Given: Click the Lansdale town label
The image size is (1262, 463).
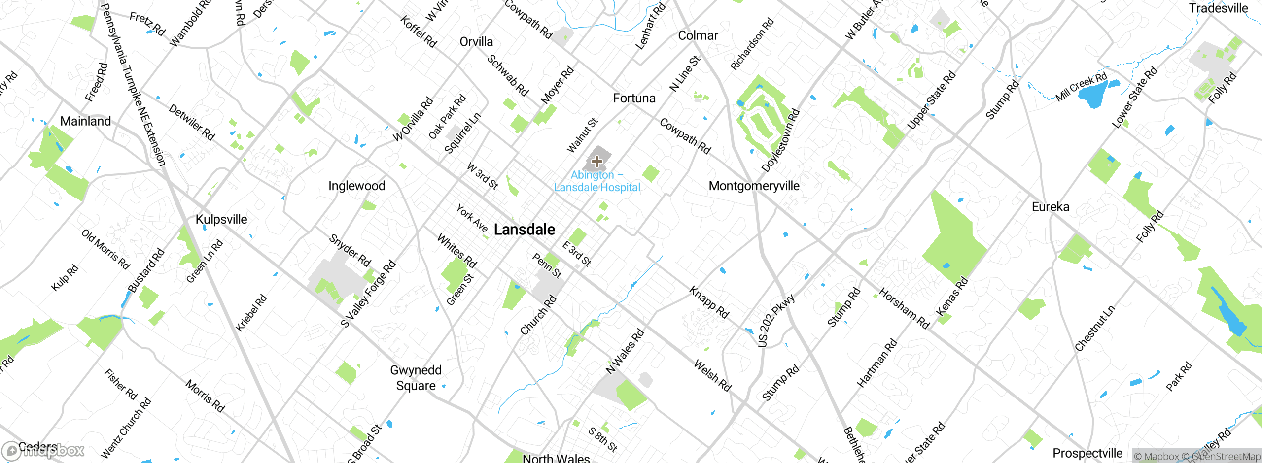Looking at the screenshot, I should [x=524, y=230].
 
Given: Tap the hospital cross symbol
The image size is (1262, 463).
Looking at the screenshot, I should [x=596, y=162].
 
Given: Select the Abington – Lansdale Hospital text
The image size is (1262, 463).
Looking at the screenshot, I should [x=597, y=181].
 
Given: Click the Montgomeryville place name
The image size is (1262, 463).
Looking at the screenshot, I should [x=754, y=186].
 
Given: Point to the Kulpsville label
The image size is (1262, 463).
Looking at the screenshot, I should [x=221, y=220].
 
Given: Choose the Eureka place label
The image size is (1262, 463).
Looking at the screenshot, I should [x=1051, y=207].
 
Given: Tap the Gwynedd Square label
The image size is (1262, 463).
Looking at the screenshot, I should [x=416, y=378].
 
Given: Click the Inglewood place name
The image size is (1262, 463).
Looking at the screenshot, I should [x=356, y=186].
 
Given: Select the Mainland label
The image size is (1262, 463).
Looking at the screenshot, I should [x=85, y=121].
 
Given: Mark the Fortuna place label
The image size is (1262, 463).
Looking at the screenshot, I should [x=634, y=99].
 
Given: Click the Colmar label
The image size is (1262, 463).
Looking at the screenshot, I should [x=698, y=36].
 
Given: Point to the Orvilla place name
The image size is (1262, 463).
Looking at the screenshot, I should [x=476, y=42].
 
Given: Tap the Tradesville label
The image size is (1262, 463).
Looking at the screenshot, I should [x=1218, y=8].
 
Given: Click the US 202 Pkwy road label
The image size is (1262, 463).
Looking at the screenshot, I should [x=776, y=321].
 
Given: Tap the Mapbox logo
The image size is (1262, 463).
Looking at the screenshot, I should [x=43, y=450].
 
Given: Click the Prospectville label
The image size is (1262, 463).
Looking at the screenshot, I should [x=1087, y=453].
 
